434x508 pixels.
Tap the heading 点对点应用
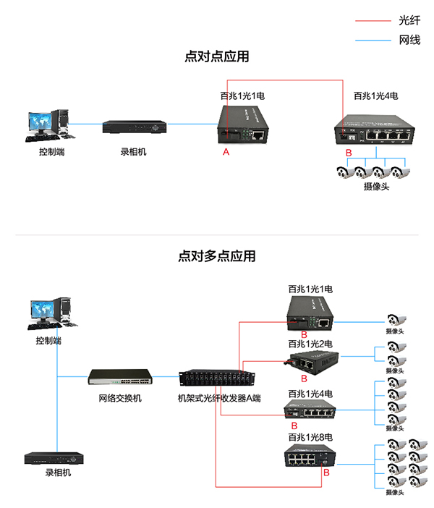click(217, 56)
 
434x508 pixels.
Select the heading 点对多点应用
click(217, 255)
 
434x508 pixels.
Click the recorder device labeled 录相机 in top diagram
click(135, 126)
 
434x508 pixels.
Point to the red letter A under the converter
click(226, 152)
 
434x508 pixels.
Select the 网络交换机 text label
click(120, 398)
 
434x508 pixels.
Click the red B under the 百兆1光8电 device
click(326, 472)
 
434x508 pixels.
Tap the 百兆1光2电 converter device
click(313, 360)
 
